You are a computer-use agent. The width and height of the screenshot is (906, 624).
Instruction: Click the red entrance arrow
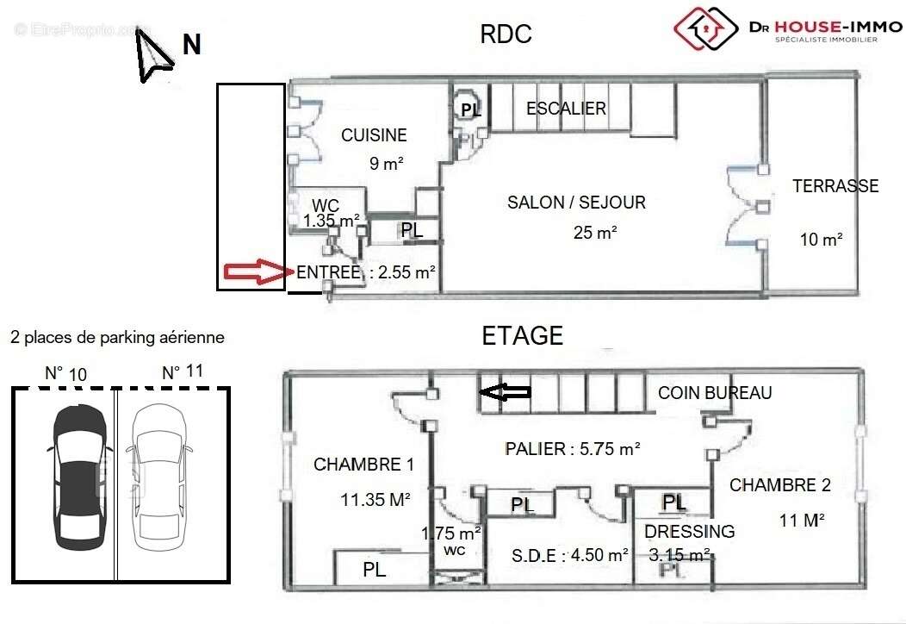(x=254, y=272)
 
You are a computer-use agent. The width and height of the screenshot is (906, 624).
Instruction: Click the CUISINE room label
(x=374, y=135)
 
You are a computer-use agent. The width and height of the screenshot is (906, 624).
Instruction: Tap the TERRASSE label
(x=835, y=186)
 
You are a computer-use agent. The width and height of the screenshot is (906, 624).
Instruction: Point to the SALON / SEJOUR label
(x=576, y=203)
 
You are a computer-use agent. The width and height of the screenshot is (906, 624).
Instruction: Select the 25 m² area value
(x=595, y=232)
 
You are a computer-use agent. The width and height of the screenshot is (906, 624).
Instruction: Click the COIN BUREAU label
(x=715, y=393)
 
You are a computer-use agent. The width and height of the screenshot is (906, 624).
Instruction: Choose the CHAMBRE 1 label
(x=363, y=465)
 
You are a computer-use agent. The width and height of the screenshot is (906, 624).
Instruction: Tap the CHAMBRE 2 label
(x=780, y=485)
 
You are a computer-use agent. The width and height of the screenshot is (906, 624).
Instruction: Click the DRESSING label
(x=689, y=532)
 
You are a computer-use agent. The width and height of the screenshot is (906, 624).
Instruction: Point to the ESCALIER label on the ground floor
(x=566, y=109)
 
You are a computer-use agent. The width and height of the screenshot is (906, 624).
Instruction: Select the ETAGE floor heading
(x=523, y=335)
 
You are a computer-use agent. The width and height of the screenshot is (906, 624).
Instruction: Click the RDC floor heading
(x=506, y=34)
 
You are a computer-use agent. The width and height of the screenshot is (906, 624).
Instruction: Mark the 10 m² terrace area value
(x=821, y=240)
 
